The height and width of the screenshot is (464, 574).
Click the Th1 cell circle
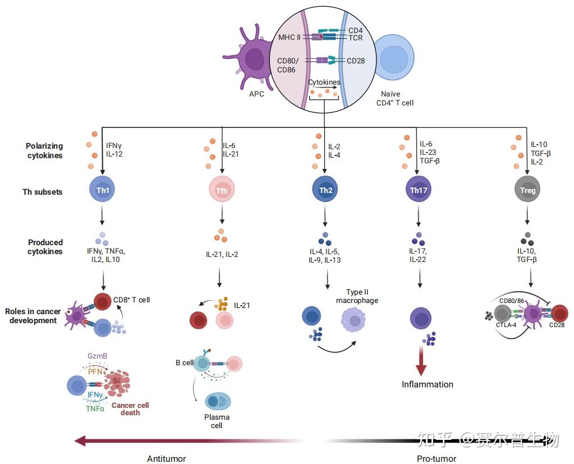[103, 190]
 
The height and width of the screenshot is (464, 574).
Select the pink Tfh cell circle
[222, 190]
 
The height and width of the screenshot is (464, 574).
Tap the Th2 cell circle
[325, 190]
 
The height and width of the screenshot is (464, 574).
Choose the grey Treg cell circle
[528, 190]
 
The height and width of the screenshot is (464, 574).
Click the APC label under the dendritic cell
[256, 94]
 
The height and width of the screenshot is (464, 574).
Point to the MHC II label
[290, 38]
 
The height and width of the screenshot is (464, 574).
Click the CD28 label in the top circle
[356, 61]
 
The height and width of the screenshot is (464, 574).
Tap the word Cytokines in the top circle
[324, 82]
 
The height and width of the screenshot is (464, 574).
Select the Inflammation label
[427, 384]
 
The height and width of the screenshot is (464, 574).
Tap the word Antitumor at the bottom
[166, 458]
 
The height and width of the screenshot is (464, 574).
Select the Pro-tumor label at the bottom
[437, 458]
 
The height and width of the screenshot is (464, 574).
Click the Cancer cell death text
[130, 409]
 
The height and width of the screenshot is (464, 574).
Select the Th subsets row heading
[43, 192]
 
